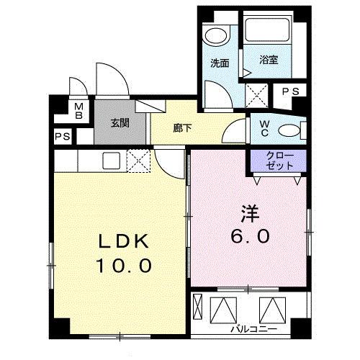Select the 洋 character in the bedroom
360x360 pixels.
click(x=249, y=214)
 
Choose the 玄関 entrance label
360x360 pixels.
click(x=120, y=122)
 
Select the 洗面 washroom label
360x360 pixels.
click(x=220, y=63)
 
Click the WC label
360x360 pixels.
click(x=265, y=128)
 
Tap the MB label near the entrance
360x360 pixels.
click(x=79, y=111)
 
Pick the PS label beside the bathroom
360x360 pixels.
click(x=291, y=91)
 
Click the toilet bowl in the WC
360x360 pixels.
click(x=288, y=130)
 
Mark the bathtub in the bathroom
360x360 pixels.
click(x=268, y=32)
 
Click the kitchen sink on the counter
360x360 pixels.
click(x=112, y=159)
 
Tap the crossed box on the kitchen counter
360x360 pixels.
click(x=137, y=159)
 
